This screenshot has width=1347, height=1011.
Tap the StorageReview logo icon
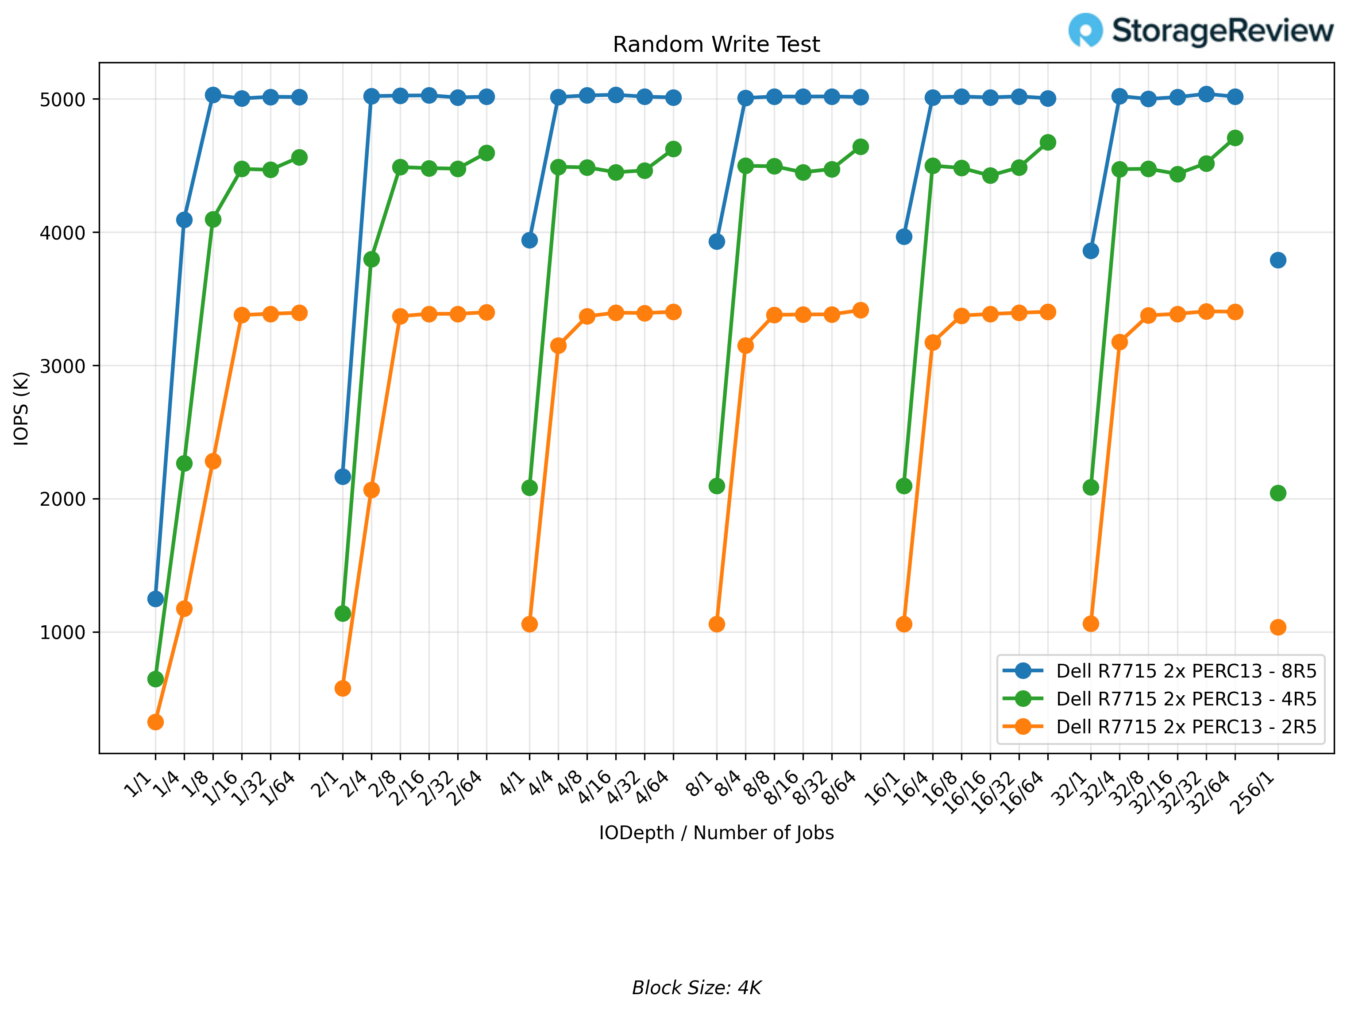1085,30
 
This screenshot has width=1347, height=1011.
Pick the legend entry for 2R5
1185,727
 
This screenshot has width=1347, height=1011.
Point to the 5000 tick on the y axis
62,99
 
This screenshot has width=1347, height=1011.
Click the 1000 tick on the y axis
62,632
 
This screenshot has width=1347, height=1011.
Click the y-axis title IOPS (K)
21,408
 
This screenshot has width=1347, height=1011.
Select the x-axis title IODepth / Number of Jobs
716,833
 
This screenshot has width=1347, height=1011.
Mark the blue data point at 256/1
1278,260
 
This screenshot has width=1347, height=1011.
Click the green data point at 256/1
1278,493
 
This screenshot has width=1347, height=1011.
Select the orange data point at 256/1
1278,628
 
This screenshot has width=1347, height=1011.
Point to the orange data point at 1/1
155,722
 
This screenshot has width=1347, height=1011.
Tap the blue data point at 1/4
184,220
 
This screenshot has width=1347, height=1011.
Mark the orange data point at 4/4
558,345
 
